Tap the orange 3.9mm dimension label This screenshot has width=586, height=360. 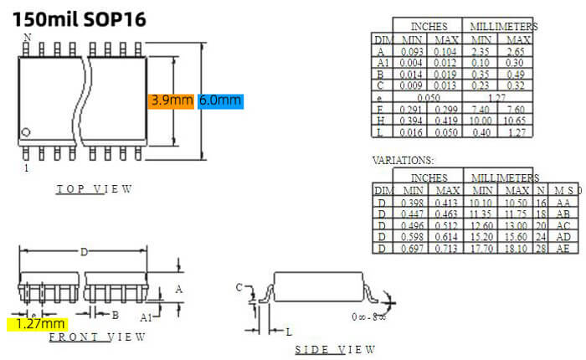(x=172, y=100)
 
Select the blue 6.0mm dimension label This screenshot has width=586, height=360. (x=220, y=100)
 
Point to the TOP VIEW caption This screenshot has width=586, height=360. (x=94, y=189)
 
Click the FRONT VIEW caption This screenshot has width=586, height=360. (x=97, y=337)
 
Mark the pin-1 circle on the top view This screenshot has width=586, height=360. (x=26, y=131)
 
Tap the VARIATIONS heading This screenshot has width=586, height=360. (x=404, y=159)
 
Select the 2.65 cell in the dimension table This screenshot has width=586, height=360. (x=519, y=51)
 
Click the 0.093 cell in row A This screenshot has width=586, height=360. (x=412, y=51)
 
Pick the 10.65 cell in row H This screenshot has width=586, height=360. (x=519, y=121)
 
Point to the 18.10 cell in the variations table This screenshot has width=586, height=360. (x=519, y=249)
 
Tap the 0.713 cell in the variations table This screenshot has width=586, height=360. (x=448, y=249)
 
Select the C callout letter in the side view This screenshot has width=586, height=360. (x=239, y=287)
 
